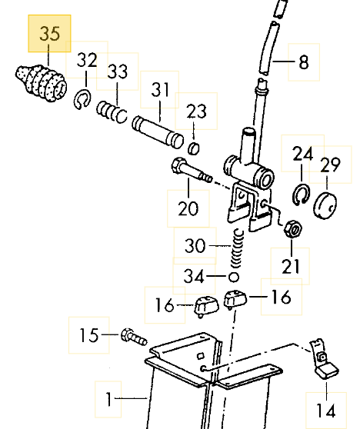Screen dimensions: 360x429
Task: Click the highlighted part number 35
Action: pyautogui.click(x=49, y=33)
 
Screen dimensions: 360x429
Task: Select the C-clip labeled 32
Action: pyautogui.click(x=82, y=99)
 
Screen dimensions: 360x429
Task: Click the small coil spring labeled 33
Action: pyautogui.click(x=112, y=111)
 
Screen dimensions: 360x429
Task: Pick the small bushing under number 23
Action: pyautogui.click(x=194, y=148)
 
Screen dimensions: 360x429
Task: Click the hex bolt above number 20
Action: pyautogui.click(x=192, y=170)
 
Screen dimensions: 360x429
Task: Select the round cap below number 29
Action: pyautogui.click(x=325, y=205)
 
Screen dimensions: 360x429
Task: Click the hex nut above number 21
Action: pyautogui.click(x=292, y=230)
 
